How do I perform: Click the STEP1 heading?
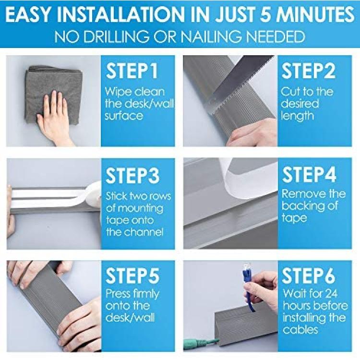coord(132,71)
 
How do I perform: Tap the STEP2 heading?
coord(308,71)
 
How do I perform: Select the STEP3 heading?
coord(132,175)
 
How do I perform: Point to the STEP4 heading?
coord(309,175)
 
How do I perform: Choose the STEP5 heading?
coord(132,276)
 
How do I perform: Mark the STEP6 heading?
coord(309,276)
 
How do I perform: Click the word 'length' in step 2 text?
coord(297,116)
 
